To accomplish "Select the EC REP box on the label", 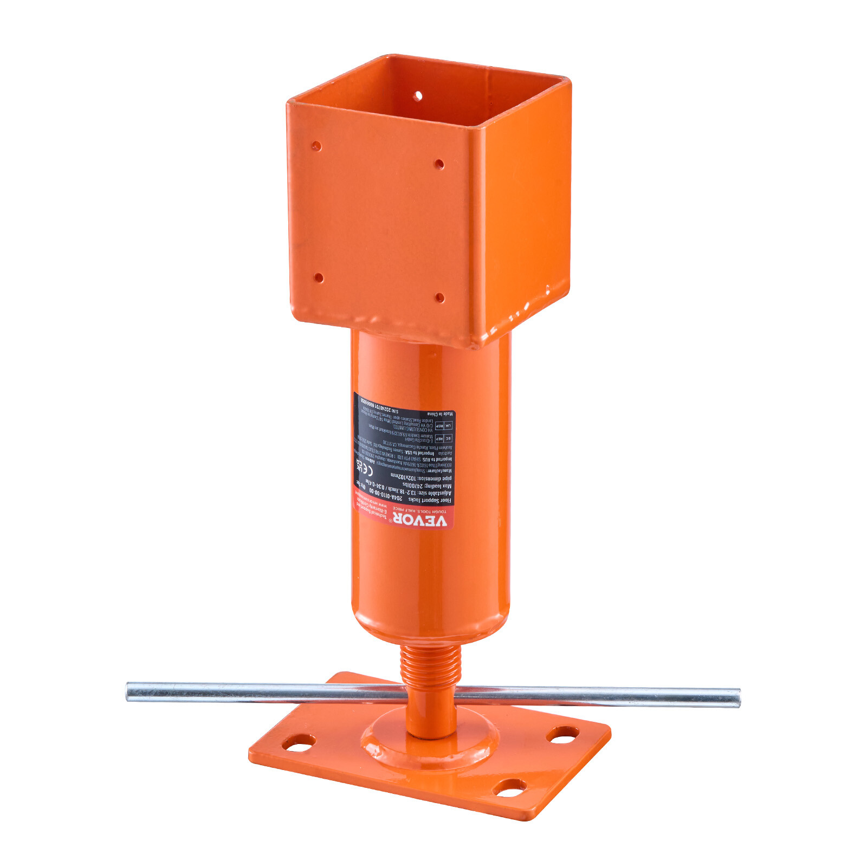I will pos(443,438).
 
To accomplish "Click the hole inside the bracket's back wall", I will pos(418,96).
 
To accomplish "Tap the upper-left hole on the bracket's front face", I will pos(316,146).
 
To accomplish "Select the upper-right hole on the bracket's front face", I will pos(439,164).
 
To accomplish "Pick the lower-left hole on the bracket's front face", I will pos(319,278).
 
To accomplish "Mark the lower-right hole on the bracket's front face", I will pos(439,297).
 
